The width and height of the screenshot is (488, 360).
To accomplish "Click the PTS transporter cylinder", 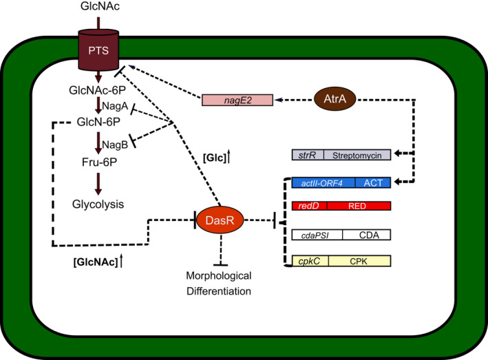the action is pyautogui.click(x=98, y=50).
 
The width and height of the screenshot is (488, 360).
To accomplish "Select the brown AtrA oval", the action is pyautogui.click(x=335, y=98).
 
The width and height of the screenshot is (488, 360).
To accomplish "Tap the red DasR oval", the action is pyautogui.click(x=220, y=220).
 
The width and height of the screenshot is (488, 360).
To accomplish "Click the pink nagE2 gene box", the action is pyautogui.click(x=237, y=100).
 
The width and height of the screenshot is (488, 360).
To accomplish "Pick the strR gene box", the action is pyautogui.click(x=308, y=155).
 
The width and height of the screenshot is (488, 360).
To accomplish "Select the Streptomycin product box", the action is pyautogui.click(x=357, y=155).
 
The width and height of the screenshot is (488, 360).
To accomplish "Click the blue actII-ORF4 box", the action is pyautogui.click(x=323, y=182).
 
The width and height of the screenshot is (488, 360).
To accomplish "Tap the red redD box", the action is pyautogui.click(x=309, y=206).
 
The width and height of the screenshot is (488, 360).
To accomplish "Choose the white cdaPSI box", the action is pyautogui.click(x=317, y=235).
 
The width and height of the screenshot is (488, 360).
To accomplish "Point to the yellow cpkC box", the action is pyautogui.click(x=310, y=261).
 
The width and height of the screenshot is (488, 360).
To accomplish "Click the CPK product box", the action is pyautogui.click(x=360, y=261).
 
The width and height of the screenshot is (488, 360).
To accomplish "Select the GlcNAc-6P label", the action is pyautogui.click(x=98, y=90).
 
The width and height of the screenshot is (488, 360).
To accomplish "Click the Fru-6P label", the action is pyautogui.click(x=99, y=162).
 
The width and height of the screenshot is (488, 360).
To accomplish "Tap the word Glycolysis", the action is pyautogui.click(x=98, y=204).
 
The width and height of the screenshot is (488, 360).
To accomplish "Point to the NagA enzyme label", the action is pyautogui.click(x=115, y=106).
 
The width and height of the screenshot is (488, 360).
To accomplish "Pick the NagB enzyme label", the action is pyautogui.click(x=115, y=145).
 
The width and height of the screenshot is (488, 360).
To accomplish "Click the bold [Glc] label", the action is pyautogui.click(x=215, y=158).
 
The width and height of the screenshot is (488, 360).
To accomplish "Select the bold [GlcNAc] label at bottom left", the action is pyautogui.click(x=96, y=262).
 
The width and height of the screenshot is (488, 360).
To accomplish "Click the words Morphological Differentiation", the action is pyautogui.click(x=219, y=283).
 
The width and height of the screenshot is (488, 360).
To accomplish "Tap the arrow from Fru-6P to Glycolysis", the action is pyautogui.click(x=98, y=184).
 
